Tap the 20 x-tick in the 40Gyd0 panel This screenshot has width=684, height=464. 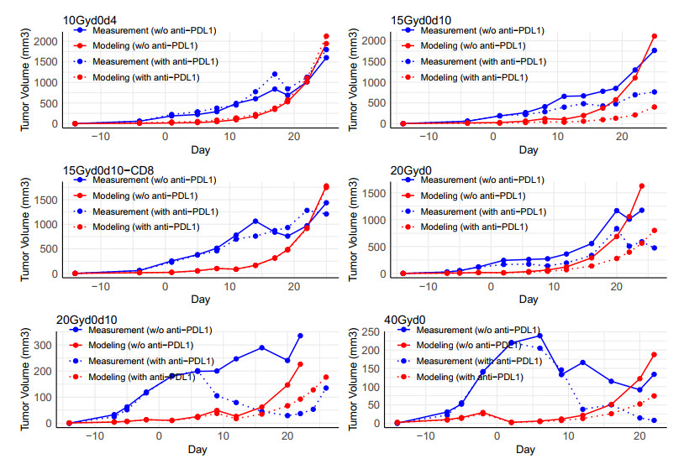[x=639, y=436]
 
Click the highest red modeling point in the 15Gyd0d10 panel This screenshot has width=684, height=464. [x=654, y=36]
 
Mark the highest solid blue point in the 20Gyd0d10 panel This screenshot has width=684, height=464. [x=300, y=336]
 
